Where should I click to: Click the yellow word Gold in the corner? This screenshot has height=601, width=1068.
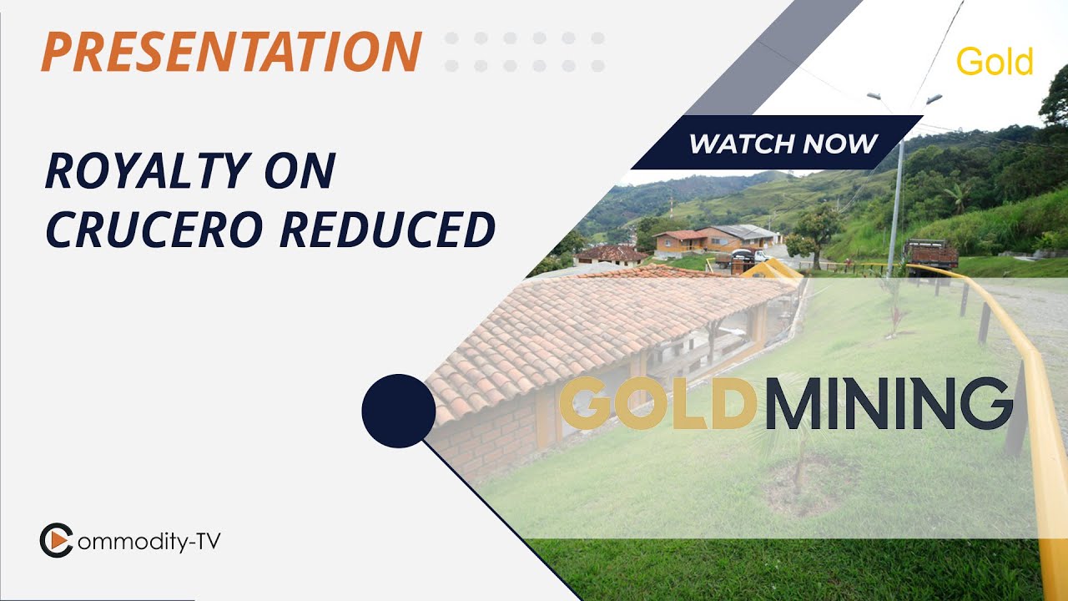pos(995,63)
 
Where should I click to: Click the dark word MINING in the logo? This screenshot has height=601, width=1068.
pos(887,404)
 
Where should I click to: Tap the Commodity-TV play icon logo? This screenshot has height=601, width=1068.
pos(56,540)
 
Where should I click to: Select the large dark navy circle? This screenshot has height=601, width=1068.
pos(399,411)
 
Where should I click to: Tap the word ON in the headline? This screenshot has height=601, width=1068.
pos(305,172)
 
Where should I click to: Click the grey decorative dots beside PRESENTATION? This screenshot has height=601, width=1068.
pos(524,51)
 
